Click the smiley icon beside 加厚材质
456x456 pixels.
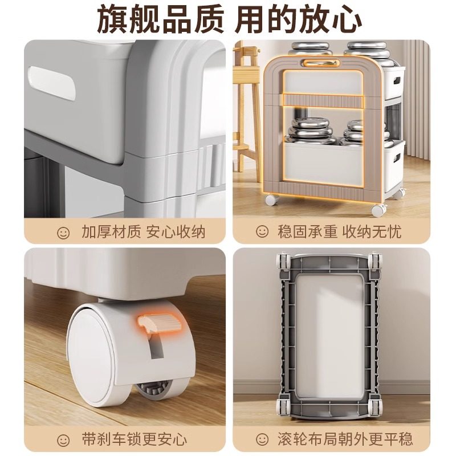click(63, 232)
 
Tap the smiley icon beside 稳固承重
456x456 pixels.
click(262, 232)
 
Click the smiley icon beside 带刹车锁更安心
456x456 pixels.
click(63, 439)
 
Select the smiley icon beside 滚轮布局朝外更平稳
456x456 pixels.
click(262, 439)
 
